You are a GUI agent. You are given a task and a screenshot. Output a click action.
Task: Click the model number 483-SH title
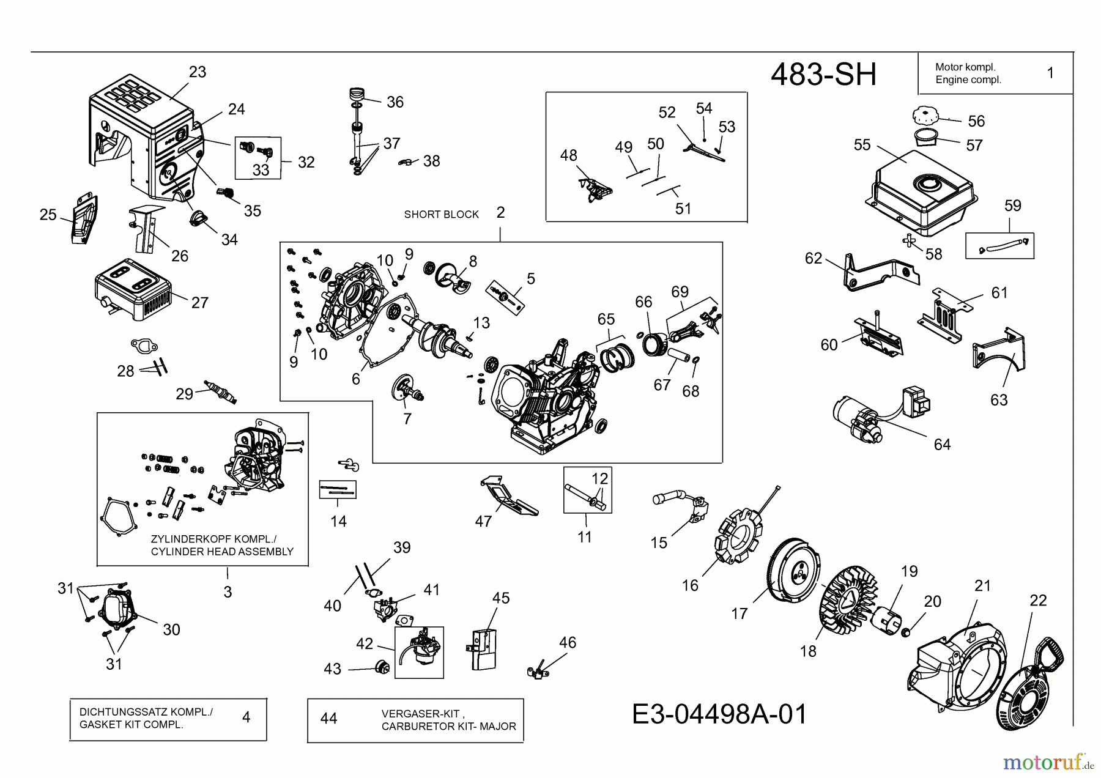(823, 75)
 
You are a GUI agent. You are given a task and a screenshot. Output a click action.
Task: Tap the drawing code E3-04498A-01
(719, 714)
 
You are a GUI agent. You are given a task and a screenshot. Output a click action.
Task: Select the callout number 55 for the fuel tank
(862, 145)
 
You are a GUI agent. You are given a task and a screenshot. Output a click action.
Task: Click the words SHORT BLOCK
(441, 215)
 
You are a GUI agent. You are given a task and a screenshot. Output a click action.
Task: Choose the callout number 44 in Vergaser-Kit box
(328, 718)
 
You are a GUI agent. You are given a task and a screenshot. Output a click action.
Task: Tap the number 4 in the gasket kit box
(246, 717)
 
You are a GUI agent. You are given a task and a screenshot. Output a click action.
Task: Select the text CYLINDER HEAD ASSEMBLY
(222, 552)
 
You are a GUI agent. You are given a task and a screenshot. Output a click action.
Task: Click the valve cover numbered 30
(118, 608)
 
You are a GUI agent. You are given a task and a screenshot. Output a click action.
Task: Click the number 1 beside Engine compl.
(1050, 73)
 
